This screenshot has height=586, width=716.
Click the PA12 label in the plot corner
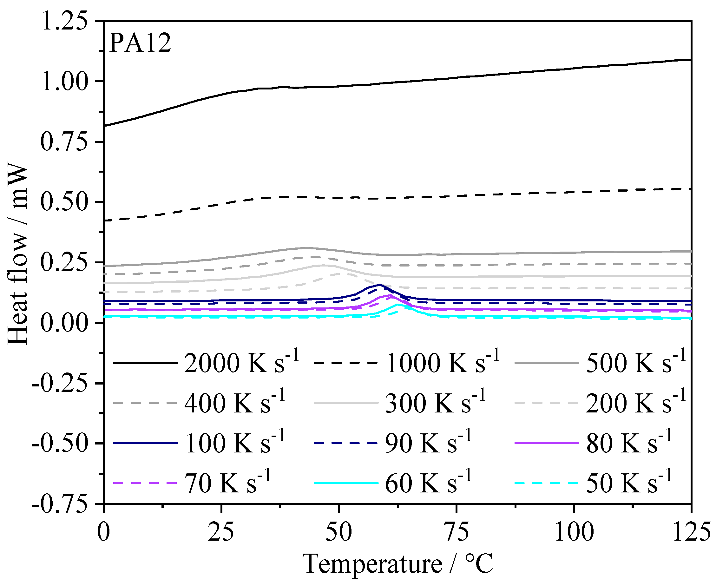pyautogui.click(x=140, y=43)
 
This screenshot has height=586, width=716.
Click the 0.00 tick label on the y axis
pyautogui.click(x=64, y=323)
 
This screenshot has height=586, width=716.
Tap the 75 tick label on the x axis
pyautogui.click(x=456, y=533)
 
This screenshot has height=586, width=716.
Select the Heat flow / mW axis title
pyautogui.click(x=17, y=255)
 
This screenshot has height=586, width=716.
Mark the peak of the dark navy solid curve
pyautogui.click(x=380, y=284)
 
